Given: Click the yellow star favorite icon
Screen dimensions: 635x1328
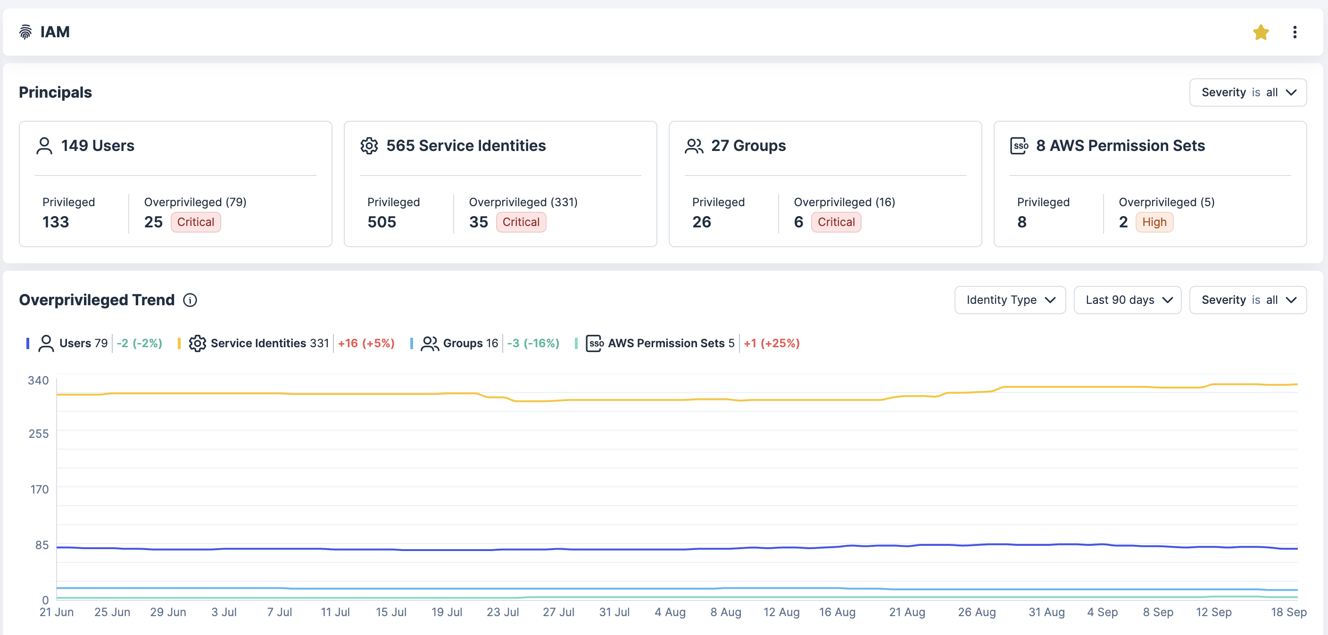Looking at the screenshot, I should point(1261,33).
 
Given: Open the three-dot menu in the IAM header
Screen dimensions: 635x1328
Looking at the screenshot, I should point(1295,33).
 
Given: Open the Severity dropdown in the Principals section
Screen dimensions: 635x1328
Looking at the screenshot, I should point(1247,92).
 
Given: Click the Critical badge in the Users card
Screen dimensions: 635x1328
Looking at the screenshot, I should point(195,222).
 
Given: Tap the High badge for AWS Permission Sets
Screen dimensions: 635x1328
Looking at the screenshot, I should point(1154,222).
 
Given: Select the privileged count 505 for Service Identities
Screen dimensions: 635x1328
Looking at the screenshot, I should point(382,222).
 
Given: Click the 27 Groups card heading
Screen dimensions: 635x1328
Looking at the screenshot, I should point(748,146).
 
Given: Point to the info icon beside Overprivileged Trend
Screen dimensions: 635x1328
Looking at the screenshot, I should point(190,300).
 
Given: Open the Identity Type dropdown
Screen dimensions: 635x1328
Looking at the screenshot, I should point(1009,300).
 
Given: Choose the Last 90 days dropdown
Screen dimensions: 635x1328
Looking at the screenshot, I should point(1127,300).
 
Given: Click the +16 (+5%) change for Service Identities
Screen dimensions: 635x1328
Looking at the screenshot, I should point(366,343).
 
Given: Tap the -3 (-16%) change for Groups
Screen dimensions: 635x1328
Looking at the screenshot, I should point(533,343).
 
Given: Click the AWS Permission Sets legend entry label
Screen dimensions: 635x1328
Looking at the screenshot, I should point(665,343).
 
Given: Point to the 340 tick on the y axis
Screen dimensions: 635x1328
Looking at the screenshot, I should point(38,381).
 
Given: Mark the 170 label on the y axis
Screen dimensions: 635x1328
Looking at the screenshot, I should point(39,490).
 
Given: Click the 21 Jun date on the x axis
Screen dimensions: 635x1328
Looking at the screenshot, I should point(56,612).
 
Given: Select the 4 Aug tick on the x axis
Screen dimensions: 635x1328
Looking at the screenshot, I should point(670,612).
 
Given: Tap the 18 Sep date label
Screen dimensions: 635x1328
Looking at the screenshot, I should point(1288,612).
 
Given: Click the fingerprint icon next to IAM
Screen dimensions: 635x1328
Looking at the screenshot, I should point(25,32).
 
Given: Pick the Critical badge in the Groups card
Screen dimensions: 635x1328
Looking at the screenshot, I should point(836,222).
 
